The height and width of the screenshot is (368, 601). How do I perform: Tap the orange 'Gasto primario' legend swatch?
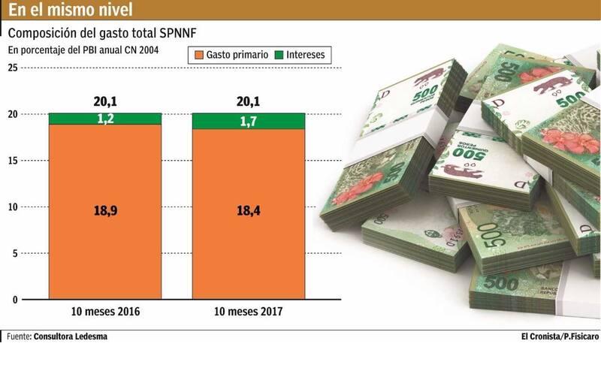click(x=198, y=55)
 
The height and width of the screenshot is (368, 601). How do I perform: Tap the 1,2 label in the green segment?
click(x=104, y=119)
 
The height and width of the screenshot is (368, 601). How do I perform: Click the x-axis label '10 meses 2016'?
click(x=104, y=312)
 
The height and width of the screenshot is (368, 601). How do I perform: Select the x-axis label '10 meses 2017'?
click(x=249, y=312)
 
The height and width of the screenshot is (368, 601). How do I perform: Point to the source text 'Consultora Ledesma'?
click(x=71, y=336)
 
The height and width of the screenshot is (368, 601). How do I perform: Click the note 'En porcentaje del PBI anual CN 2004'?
click(x=89, y=50)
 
